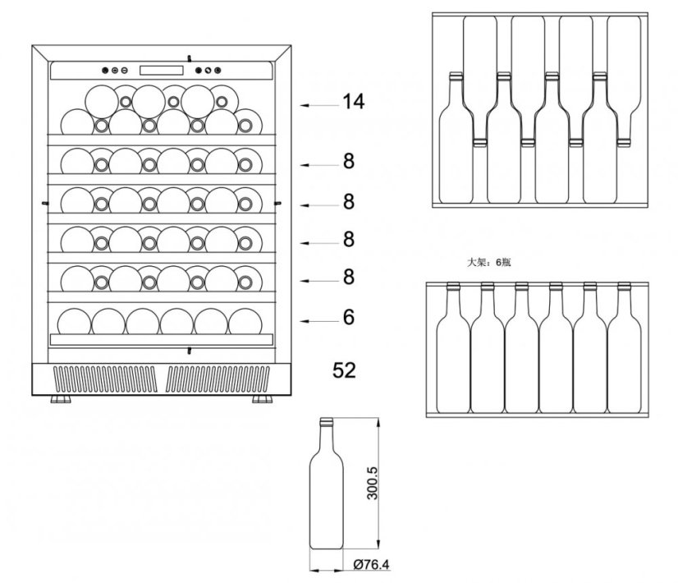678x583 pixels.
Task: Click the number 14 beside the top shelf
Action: coord(353,102)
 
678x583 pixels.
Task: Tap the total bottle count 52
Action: coord(344,370)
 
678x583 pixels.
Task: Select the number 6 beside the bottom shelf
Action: coord(349,317)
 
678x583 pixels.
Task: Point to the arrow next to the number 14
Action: coord(320,105)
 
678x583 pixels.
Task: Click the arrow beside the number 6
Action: coord(320,321)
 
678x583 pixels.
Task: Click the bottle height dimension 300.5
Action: coord(372,483)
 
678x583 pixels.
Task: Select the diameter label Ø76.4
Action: coord(371,564)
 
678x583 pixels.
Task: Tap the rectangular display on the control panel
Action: coord(161,71)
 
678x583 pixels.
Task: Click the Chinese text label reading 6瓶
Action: coord(503,262)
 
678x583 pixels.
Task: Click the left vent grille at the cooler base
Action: coord(105,379)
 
